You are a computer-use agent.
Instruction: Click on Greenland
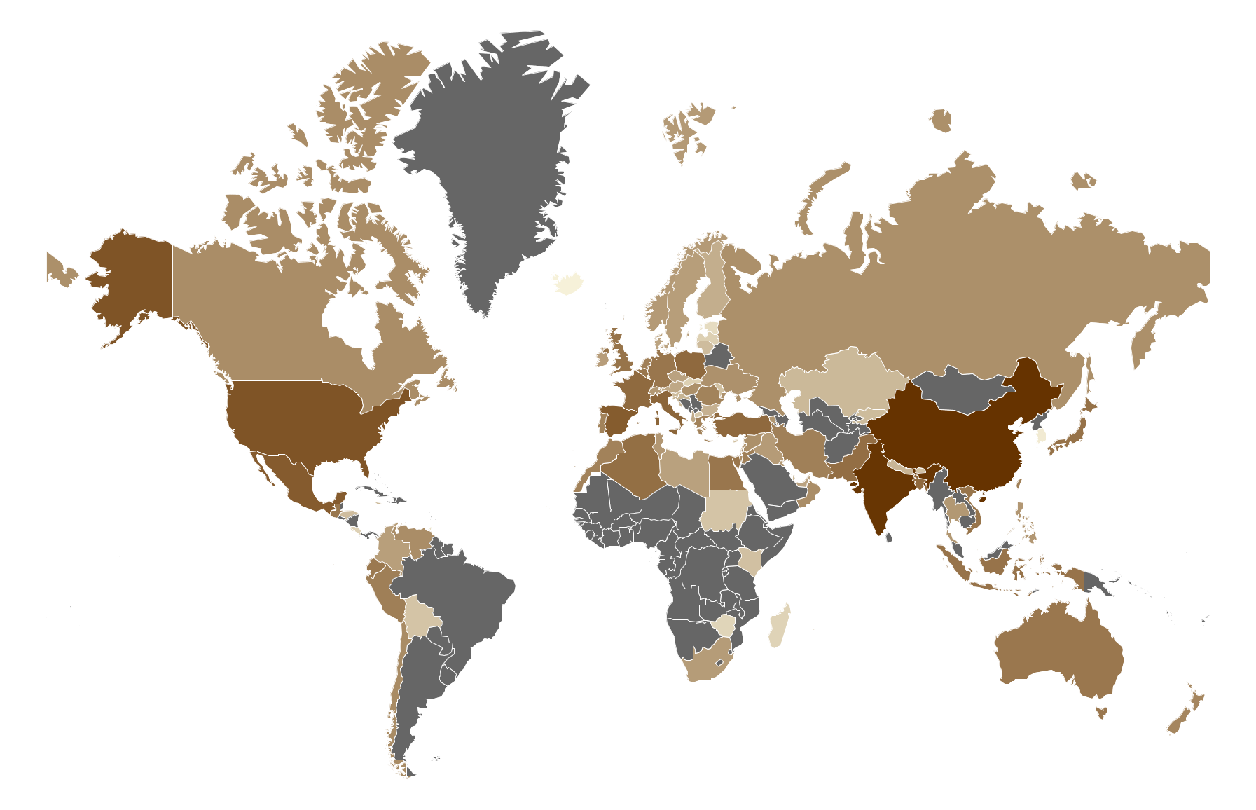point(490,161)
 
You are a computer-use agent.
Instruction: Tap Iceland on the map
point(570,284)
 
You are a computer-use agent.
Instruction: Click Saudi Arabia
point(771,483)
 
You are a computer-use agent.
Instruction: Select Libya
point(683,469)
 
